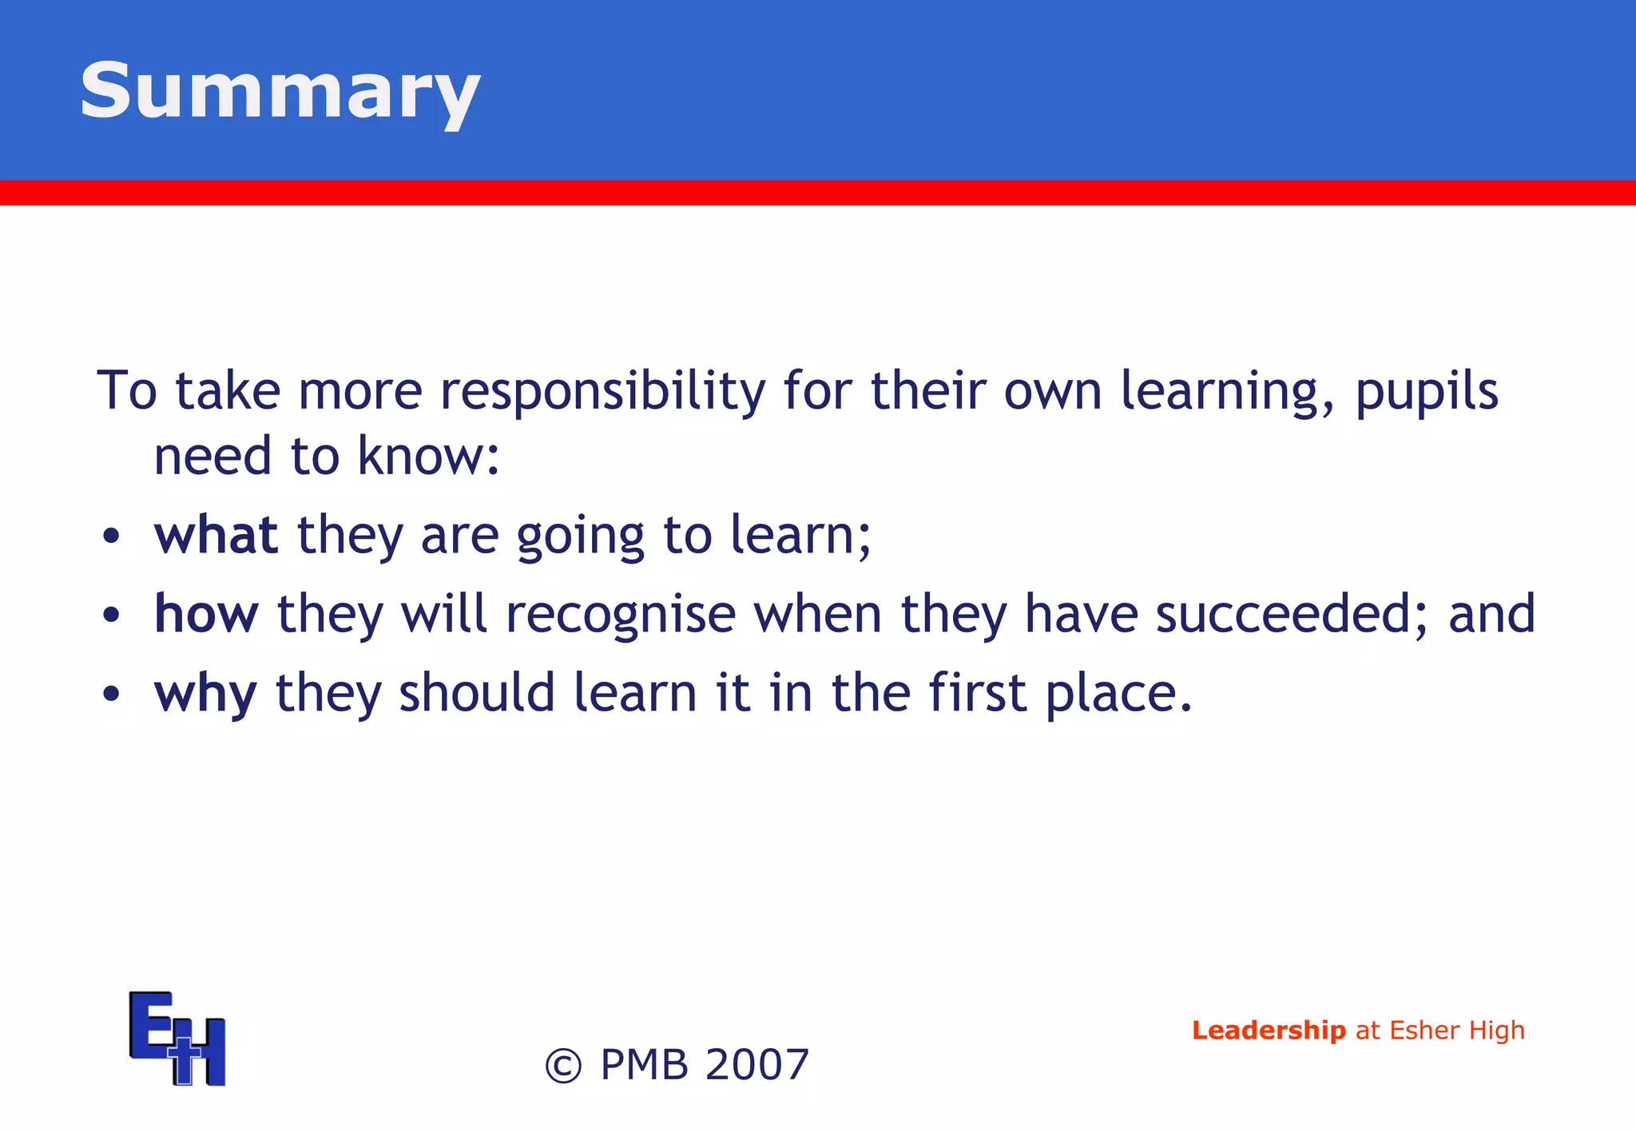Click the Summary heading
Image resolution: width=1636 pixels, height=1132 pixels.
280,92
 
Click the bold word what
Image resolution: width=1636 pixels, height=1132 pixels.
216,535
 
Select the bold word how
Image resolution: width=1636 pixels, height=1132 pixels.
206,614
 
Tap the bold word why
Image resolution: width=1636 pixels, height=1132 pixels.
205,693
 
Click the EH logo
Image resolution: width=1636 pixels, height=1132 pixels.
177,1038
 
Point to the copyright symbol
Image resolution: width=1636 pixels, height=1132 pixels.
563,1066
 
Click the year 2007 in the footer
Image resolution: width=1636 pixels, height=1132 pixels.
757,1065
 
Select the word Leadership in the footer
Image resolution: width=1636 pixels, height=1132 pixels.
1269,1031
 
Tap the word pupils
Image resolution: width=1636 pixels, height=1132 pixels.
1427,391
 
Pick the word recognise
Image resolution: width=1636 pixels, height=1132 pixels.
621,614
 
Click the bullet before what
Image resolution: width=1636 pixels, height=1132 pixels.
111,536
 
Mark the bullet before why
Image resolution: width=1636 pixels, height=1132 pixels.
111,694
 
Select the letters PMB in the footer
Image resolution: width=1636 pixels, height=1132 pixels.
644,1065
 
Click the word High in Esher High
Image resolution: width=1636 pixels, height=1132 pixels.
1497,1031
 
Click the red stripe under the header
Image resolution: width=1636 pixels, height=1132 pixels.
818,192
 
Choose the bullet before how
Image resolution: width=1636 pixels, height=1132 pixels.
111,615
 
